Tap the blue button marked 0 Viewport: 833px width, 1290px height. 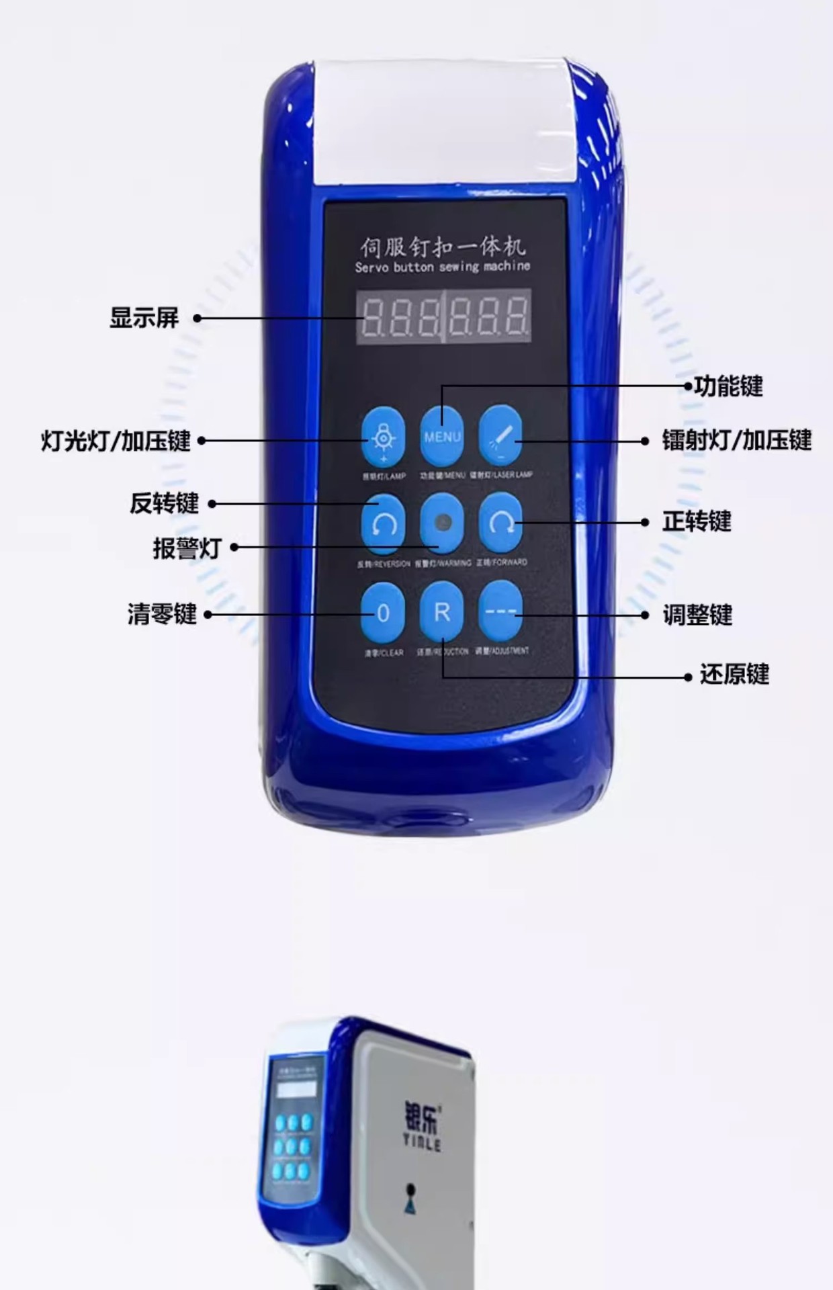point(383,613)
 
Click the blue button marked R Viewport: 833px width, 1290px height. point(441,611)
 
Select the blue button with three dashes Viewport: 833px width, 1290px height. point(500,611)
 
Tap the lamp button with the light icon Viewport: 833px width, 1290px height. point(383,437)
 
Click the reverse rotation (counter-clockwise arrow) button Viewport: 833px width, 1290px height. point(383,524)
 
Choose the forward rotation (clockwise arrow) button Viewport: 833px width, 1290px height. point(500,523)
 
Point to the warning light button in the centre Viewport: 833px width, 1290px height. point(441,523)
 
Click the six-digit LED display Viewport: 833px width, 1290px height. point(443,316)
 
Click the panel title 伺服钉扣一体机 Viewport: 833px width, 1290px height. point(442,247)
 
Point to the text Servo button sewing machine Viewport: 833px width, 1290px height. point(442,267)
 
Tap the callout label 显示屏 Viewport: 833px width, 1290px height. point(144,318)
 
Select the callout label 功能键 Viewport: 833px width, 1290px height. point(728,386)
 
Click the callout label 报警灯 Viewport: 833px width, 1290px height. point(187,548)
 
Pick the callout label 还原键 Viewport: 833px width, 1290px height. point(734,674)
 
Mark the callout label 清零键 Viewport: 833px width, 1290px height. point(162,613)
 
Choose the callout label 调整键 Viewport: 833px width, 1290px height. point(697,615)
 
